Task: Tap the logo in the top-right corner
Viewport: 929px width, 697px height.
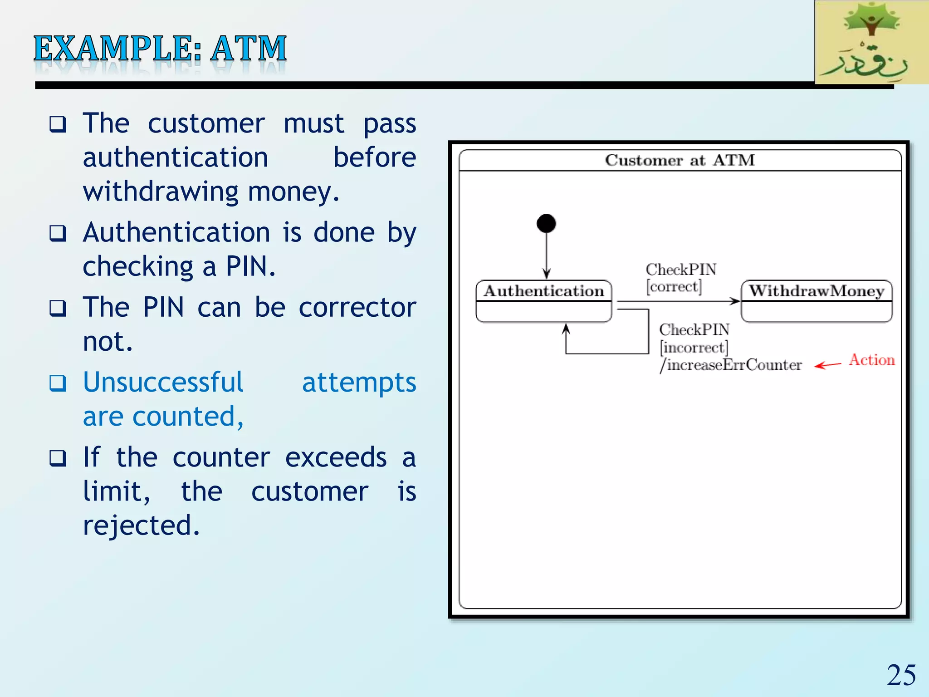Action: click(871, 42)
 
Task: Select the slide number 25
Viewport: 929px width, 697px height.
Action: click(901, 675)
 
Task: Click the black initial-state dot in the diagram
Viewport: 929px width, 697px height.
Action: click(546, 224)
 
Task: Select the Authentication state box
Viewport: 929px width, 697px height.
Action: click(543, 301)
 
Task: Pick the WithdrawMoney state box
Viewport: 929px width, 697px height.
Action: click(817, 301)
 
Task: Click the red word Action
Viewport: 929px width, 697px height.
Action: click(871, 360)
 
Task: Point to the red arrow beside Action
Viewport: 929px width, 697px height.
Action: click(827, 365)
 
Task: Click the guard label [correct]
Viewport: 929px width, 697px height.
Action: click(674, 287)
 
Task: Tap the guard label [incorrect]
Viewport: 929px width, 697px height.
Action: click(694, 348)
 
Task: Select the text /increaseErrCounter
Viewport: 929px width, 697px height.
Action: click(731, 365)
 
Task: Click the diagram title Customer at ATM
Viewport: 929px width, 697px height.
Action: click(680, 160)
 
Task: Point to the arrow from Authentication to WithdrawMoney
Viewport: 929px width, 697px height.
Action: click(678, 301)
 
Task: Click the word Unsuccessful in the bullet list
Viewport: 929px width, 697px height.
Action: click(163, 382)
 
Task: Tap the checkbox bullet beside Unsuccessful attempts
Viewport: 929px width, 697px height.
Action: click(58, 383)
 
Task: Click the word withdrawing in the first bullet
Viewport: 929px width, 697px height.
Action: click(161, 191)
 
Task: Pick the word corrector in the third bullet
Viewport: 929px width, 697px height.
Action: click(357, 307)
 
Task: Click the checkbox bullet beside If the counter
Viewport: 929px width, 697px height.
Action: click(58, 458)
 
